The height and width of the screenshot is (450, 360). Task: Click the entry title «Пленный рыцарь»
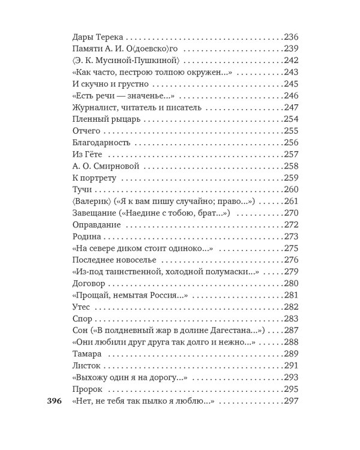[98, 119]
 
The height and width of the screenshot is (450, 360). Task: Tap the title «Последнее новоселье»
[105, 260]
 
